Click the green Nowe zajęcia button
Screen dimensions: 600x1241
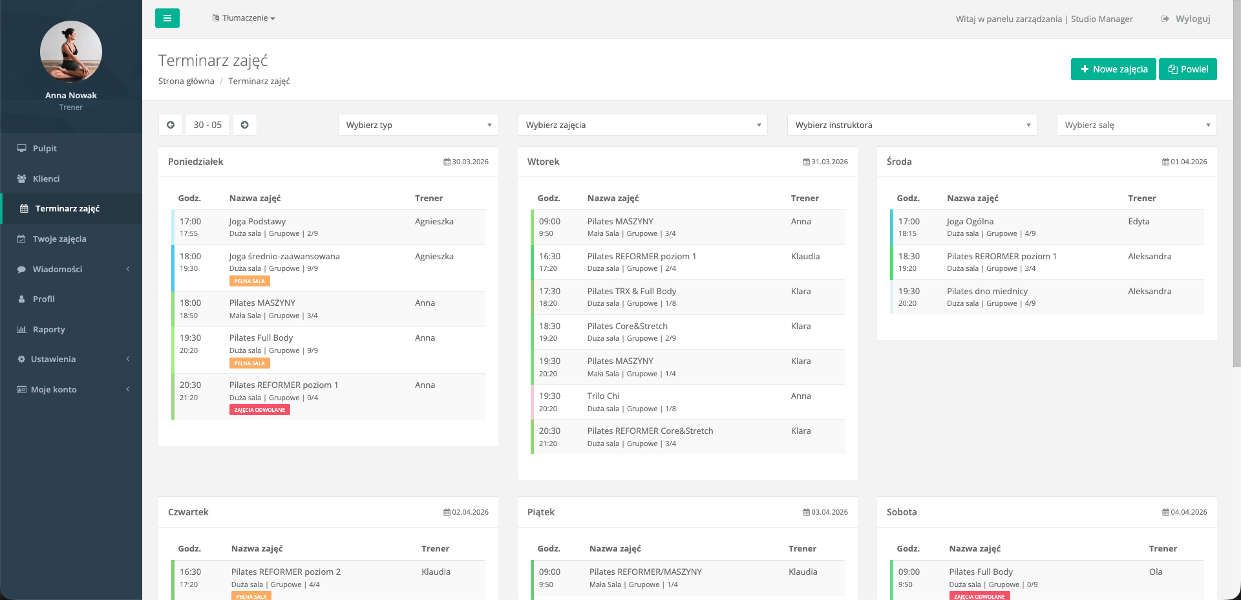click(1113, 69)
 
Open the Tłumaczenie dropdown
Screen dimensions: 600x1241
click(244, 18)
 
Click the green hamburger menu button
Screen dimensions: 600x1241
click(167, 18)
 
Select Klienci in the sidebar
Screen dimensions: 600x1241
click(46, 178)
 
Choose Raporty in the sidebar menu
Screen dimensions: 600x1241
click(48, 329)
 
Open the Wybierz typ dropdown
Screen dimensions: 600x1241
click(418, 125)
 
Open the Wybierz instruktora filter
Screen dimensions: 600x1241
click(911, 125)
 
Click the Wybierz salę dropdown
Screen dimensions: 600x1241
click(1136, 125)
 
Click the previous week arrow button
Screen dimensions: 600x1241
click(171, 125)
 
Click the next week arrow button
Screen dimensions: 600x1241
click(245, 125)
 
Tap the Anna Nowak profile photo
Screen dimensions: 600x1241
click(71, 52)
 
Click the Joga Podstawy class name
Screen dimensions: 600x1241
click(257, 221)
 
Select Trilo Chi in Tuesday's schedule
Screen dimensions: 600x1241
click(603, 396)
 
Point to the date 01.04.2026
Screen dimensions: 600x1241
click(1188, 162)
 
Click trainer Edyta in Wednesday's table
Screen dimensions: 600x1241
click(1138, 221)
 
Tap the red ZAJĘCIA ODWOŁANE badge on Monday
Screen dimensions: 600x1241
click(259, 410)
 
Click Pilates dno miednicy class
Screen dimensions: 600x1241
click(987, 291)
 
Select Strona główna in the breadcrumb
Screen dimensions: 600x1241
click(186, 81)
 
